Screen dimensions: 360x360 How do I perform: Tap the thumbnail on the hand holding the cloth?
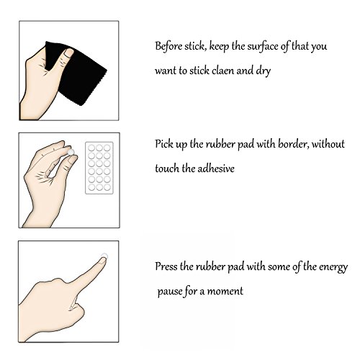point(68,53)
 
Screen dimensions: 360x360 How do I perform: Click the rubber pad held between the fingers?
point(71,152)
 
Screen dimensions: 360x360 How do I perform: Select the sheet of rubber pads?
point(99,168)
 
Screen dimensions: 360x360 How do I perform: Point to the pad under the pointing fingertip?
point(104,256)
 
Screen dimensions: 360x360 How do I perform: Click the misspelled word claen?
point(223,71)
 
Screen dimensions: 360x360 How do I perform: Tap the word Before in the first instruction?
point(168,46)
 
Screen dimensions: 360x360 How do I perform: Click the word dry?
point(264,71)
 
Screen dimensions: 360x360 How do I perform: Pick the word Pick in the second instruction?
point(163,144)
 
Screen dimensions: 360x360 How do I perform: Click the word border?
point(293,144)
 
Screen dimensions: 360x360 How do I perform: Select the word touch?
point(167,168)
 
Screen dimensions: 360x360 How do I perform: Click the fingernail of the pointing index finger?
point(103,260)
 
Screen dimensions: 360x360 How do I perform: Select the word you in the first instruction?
point(319,47)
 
